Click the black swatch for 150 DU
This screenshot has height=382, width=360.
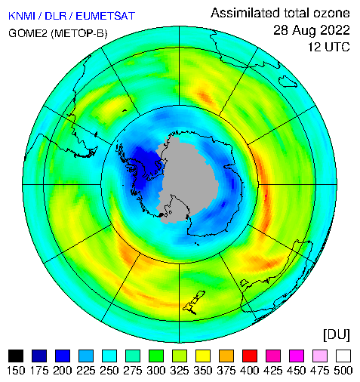coord(16,356)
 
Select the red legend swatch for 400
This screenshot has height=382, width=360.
coord(250,356)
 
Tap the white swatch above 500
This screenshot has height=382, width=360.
coord(343,356)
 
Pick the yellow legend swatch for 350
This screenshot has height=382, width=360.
coord(203,356)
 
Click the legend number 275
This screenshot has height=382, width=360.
coord(133,371)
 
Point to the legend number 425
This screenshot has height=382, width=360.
coord(273,371)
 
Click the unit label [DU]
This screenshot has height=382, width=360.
coord(337,334)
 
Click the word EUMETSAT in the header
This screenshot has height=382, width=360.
coord(106,16)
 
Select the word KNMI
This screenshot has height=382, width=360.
coord(22,16)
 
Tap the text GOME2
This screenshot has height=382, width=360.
coord(28,33)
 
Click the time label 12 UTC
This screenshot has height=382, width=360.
coord(329,47)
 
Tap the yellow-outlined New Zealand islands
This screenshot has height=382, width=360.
coord(193,301)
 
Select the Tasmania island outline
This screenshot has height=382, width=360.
coord(245,283)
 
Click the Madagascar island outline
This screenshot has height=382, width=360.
coord(288,81)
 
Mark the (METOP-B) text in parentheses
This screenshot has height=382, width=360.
coord(79,33)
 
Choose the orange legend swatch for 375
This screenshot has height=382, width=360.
coord(226,356)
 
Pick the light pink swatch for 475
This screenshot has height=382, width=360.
coord(320,356)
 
